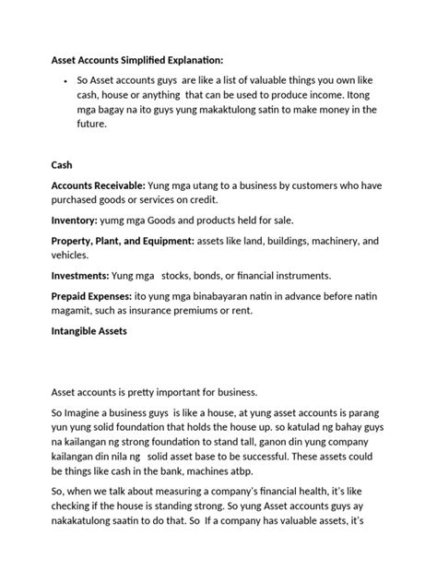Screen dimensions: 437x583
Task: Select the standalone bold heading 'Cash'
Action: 62,165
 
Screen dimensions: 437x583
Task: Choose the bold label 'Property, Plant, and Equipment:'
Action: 122,240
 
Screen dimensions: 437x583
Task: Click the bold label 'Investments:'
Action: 78,275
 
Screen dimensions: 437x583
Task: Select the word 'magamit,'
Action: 73,310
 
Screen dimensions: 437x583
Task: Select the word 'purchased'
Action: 78,200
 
